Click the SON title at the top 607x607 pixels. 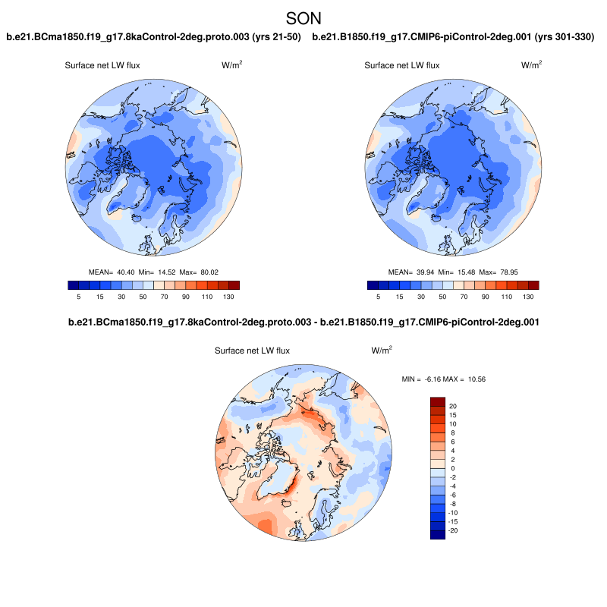tap(303, 17)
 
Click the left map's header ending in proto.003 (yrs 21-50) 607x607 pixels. tap(154, 37)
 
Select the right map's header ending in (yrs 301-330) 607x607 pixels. tap(453, 37)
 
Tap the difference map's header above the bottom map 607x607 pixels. tap(303, 322)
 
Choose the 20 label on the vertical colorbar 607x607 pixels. tap(452, 406)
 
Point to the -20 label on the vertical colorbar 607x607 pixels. tap(454, 530)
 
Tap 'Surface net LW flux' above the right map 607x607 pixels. tap(402, 66)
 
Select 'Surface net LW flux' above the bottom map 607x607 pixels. tap(253, 351)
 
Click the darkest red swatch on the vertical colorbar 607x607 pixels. tap(437, 401)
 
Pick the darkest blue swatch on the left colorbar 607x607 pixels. tap(74, 285)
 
